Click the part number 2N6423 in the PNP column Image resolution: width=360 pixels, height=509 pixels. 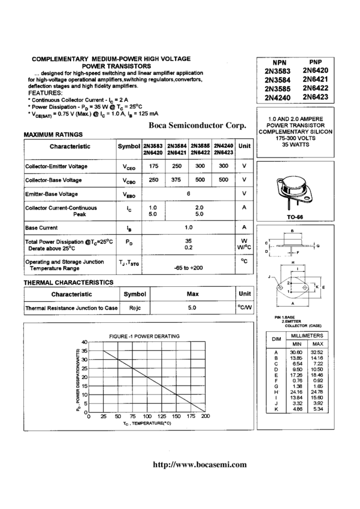[x=315, y=96]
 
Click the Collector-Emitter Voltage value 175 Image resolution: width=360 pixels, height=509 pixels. [x=153, y=166]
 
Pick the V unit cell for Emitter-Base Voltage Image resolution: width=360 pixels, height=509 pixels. [x=244, y=193]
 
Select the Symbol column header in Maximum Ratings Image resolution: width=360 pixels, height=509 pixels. [x=129, y=146]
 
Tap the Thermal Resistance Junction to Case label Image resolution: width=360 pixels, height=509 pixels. [x=71, y=308]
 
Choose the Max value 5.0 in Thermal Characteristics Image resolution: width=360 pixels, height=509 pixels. [x=192, y=308]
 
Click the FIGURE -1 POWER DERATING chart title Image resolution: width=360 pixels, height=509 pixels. [x=144, y=337]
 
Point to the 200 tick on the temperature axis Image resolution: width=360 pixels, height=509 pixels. [x=205, y=416]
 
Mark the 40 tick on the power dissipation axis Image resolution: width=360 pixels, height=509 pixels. [x=84, y=341]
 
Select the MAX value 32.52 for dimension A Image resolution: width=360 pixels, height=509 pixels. [x=317, y=353]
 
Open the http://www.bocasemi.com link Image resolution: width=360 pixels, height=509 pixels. [x=200, y=464]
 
